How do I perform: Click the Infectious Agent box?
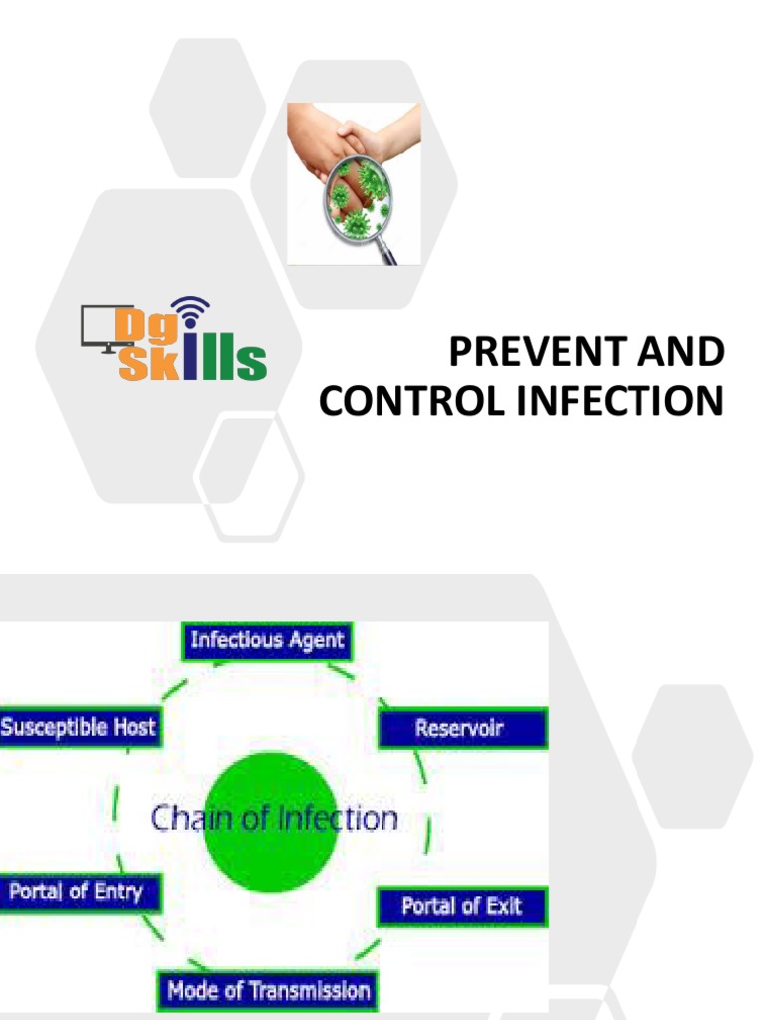[267, 639]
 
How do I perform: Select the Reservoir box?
[460, 728]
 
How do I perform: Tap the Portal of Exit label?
[460, 906]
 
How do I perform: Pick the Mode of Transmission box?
[268, 990]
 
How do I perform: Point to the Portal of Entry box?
[76, 892]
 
